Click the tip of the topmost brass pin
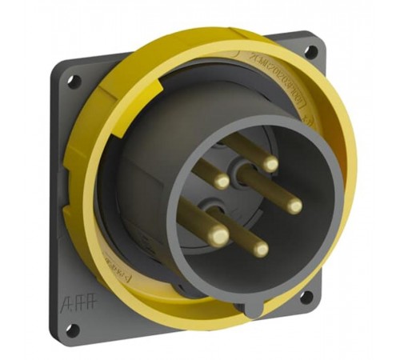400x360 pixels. click(x=270, y=165)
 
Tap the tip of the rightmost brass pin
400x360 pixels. click(x=294, y=206)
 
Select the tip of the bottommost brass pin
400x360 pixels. click(x=259, y=249)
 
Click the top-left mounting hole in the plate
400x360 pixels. click(x=73, y=80)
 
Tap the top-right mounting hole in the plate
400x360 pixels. click(x=310, y=52)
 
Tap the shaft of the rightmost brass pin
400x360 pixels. click(x=268, y=188)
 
